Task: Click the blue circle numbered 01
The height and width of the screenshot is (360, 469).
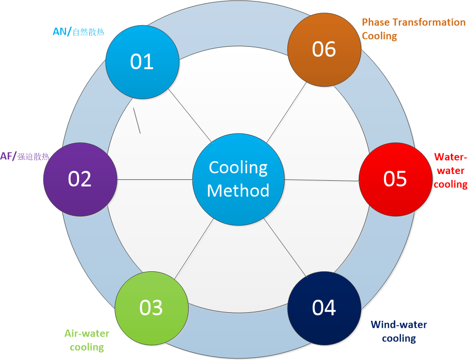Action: point(142,62)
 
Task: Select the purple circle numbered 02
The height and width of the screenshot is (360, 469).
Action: point(80,178)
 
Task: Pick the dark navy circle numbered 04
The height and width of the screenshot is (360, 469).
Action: point(324,308)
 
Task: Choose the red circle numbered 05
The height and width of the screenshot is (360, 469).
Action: point(395,178)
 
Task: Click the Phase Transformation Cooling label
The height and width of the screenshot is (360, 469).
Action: point(413,29)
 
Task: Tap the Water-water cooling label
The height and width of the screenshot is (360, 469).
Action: point(450,171)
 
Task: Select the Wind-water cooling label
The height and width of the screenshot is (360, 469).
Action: point(399,331)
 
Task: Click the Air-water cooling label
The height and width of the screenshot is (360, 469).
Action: point(87,340)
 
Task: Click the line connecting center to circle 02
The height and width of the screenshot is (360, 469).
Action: point(155,179)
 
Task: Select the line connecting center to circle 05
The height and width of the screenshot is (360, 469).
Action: point(322,180)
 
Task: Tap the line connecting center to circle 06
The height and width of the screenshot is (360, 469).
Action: point(288,112)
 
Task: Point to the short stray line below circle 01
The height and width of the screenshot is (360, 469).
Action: point(137,120)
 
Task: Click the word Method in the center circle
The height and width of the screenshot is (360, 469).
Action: point(238,190)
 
